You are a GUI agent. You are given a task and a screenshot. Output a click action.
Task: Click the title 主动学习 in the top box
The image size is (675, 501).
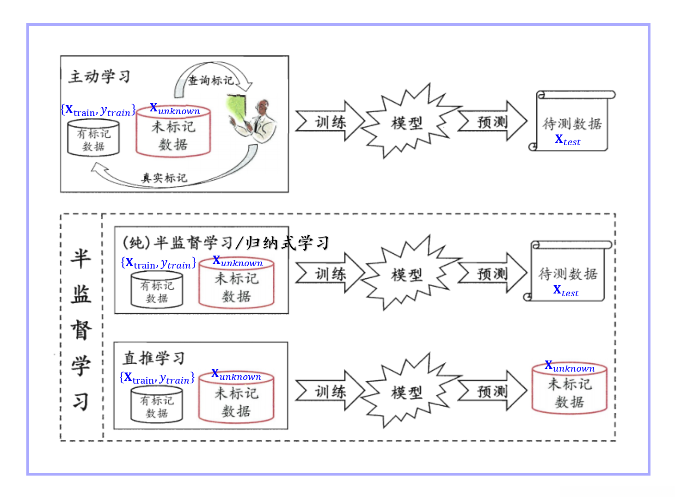click(x=99, y=76)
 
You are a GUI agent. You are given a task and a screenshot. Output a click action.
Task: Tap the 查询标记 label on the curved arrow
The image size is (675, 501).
click(x=211, y=80)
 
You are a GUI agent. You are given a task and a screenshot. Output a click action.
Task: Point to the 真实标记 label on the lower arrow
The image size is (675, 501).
click(x=164, y=178)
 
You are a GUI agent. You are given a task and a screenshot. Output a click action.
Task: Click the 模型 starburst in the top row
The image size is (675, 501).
click(x=407, y=122)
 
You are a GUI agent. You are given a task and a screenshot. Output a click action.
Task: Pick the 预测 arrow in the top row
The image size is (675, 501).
click(x=492, y=122)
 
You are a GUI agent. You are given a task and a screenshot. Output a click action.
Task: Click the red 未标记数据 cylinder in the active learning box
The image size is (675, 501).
click(x=173, y=134)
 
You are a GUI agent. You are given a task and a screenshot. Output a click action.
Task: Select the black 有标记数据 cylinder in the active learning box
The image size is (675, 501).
click(x=93, y=139)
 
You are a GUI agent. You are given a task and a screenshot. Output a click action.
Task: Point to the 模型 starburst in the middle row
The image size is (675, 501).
click(x=407, y=275)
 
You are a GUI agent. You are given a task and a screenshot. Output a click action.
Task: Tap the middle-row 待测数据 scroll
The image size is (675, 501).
click(x=568, y=273)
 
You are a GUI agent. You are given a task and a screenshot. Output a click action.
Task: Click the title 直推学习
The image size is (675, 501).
click(x=154, y=358)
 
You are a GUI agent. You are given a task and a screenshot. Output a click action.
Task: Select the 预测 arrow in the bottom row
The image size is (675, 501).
click(x=492, y=391)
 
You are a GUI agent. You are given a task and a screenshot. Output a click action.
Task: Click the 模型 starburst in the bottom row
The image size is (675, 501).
click(x=407, y=392)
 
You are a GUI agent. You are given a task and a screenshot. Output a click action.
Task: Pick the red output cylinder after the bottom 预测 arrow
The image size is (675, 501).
click(x=569, y=391)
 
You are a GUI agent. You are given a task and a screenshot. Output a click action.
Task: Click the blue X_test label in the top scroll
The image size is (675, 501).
click(x=568, y=140)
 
